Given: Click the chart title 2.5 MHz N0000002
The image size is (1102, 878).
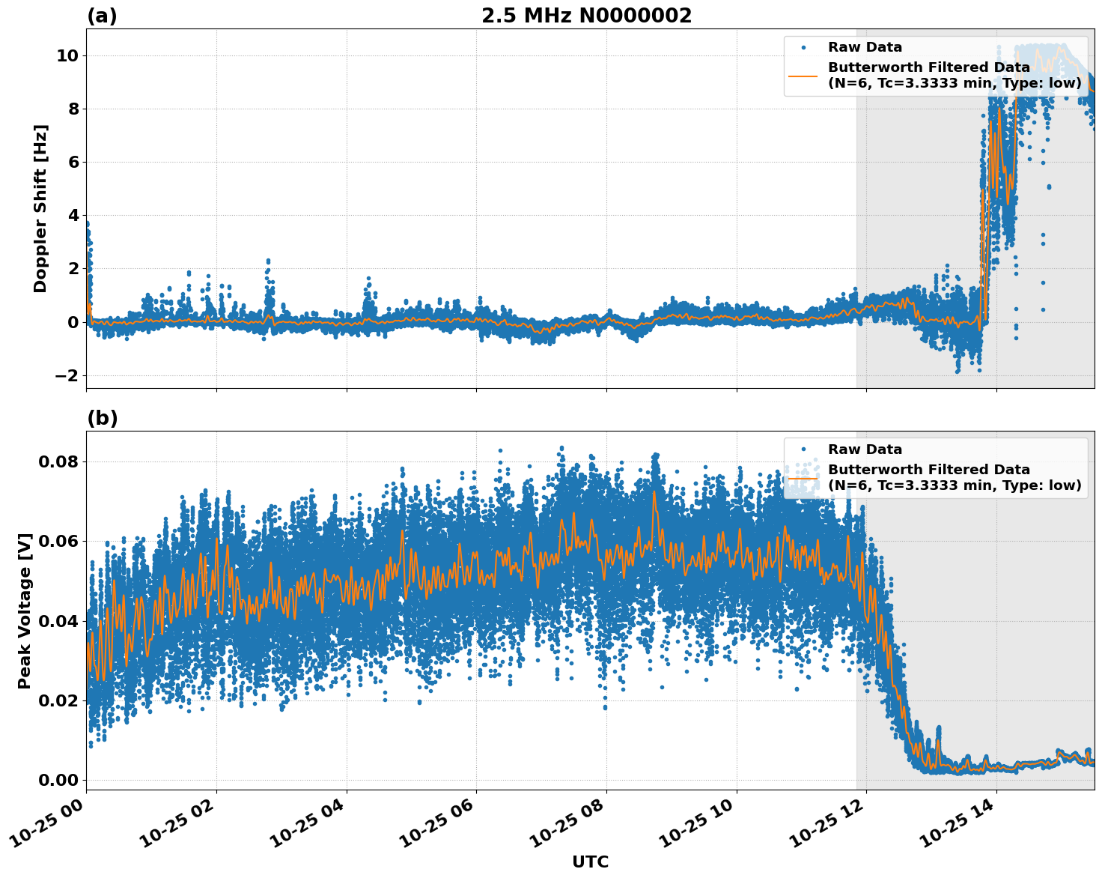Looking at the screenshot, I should pyautogui.click(x=586, y=16).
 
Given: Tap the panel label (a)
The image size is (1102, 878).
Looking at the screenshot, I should pyautogui.click(x=102, y=16).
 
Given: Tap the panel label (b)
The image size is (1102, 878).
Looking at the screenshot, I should pyautogui.click(x=102, y=418).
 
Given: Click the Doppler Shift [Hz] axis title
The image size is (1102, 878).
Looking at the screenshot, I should pyautogui.click(x=40, y=208).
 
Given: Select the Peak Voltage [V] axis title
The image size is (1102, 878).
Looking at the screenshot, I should pyautogui.click(x=25, y=611).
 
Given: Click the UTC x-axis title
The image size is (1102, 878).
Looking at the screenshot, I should pyautogui.click(x=590, y=862).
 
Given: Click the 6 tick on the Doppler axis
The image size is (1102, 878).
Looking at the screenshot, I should pyautogui.click(x=73, y=163).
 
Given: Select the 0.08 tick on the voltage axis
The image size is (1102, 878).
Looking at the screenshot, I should pyautogui.click(x=58, y=461).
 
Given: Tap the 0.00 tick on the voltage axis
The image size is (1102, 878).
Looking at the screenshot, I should pyautogui.click(x=58, y=780).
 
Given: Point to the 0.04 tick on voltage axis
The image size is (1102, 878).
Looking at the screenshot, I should pyautogui.click(x=58, y=621).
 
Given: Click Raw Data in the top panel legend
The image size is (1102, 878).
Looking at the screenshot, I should pyautogui.click(x=865, y=47).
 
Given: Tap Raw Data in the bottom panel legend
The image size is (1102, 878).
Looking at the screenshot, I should pyautogui.click(x=865, y=449).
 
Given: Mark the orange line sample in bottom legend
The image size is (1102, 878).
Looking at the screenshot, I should pyautogui.click(x=803, y=477).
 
